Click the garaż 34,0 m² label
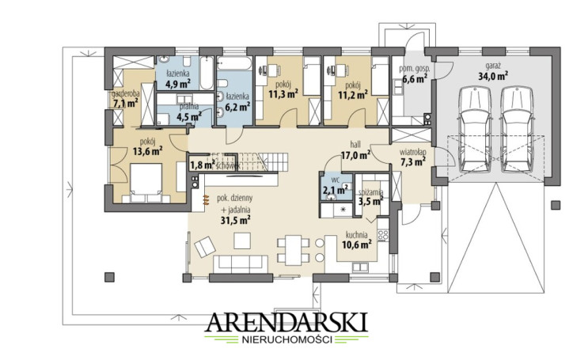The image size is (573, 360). (493, 72)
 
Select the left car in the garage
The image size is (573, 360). (474, 129)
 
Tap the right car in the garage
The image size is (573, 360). (515, 129)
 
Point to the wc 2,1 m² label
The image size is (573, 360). (336, 186)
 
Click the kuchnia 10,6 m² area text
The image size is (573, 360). (357, 240)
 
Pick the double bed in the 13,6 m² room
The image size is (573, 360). (146, 183)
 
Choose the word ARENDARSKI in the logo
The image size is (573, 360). (286, 322)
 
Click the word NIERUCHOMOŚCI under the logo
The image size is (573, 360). (286, 339)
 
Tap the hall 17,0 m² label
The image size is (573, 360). (355, 150)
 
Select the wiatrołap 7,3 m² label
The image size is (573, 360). (412, 157)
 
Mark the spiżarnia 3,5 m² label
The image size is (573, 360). (370, 197)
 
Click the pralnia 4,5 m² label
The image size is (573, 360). (189, 112)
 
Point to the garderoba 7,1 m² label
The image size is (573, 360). (125, 99)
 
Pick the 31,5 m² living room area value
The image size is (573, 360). (235, 220)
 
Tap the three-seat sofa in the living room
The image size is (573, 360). (241, 264)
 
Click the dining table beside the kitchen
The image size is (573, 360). (293, 250)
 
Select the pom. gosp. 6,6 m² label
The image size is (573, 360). (414, 74)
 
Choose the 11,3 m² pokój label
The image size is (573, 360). (283, 89)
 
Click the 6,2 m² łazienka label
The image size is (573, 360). (237, 101)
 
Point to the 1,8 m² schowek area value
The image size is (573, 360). (202, 165)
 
